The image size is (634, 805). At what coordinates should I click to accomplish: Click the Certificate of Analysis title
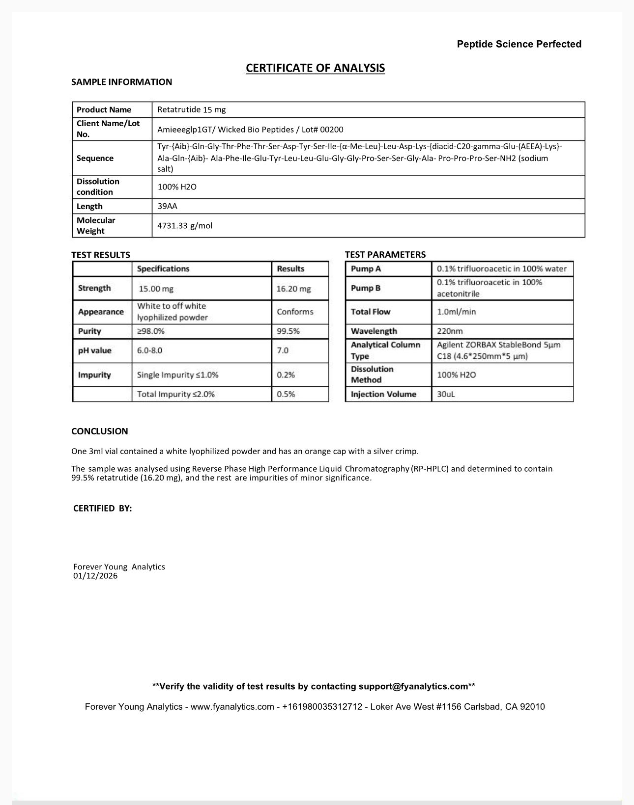(x=315, y=68)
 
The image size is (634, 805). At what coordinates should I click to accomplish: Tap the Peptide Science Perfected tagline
(x=519, y=44)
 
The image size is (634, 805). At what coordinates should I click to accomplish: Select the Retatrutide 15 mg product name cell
(x=192, y=109)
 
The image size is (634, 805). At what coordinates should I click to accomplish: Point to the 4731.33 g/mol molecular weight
(x=185, y=226)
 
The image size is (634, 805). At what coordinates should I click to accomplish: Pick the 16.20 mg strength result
(x=293, y=289)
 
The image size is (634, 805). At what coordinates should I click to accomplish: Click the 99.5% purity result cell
(x=288, y=331)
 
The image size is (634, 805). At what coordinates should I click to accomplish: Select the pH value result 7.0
(x=283, y=350)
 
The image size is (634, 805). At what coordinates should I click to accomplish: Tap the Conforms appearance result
(x=295, y=312)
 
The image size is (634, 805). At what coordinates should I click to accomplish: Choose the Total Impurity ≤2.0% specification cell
(x=176, y=394)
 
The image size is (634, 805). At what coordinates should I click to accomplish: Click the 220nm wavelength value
(x=450, y=331)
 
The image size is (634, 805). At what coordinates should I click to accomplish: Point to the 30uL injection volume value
(x=446, y=394)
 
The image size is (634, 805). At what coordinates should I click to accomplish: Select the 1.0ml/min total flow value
(x=456, y=312)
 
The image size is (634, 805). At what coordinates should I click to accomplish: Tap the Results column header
(x=290, y=269)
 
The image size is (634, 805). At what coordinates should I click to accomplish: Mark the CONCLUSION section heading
(x=100, y=431)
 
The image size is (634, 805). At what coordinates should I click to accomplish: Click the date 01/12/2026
(x=95, y=576)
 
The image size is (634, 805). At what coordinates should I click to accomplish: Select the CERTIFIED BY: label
(x=103, y=509)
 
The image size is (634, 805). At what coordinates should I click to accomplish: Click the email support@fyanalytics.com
(x=413, y=686)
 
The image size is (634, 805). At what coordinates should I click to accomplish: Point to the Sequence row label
(x=95, y=158)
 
